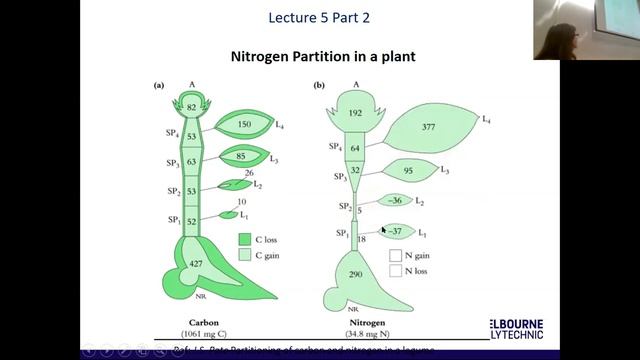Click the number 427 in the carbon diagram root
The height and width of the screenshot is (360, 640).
tap(197, 263)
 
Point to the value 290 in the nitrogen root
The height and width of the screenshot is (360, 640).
tap(355, 274)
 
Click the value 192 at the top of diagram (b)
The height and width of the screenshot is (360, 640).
tap(355, 114)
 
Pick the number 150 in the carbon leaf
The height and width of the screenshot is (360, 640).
tap(243, 125)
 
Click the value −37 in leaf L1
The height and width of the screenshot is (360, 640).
tap(397, 231)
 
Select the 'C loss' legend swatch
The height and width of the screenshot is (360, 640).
tap(244, 240)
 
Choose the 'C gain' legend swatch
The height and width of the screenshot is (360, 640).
tap(244, 256)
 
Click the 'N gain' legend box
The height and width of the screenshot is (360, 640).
tap(396, 254)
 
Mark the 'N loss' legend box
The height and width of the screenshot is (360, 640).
tap(396, 269)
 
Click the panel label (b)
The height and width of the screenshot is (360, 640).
tap(318, 86)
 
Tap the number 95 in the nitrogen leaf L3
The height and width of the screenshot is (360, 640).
tap(408, 170)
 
